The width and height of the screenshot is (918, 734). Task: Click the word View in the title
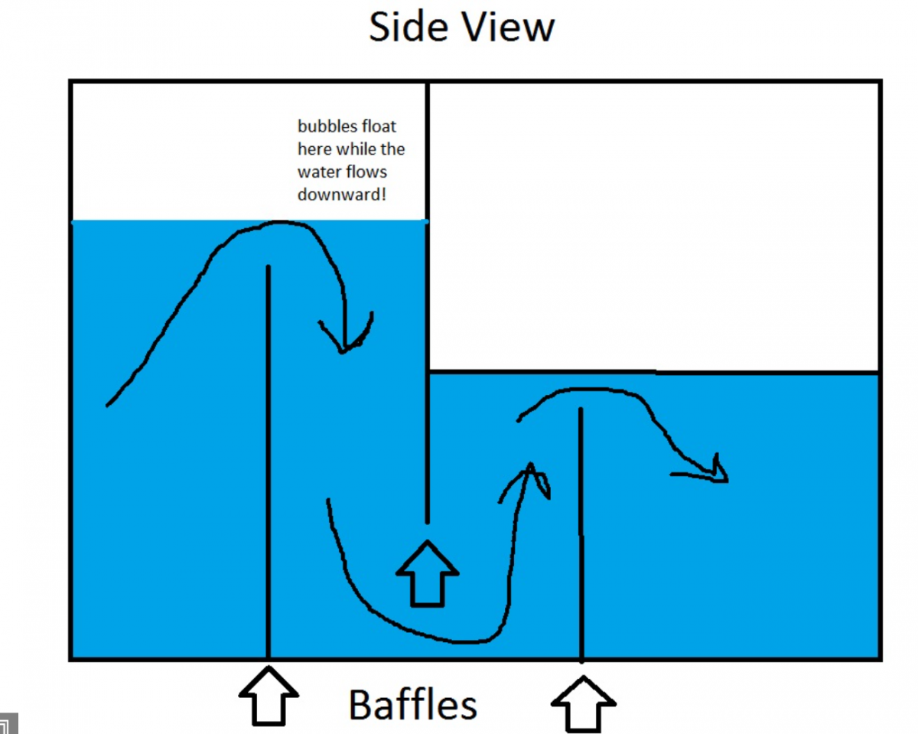[x=509, y=27]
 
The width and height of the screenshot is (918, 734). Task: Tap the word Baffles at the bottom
[x=412, y=705]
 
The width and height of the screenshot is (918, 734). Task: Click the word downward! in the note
[x=342, y=195]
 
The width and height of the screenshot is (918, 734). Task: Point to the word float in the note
[x=379, y=126]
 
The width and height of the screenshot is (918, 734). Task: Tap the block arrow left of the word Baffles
[x=269, y=696]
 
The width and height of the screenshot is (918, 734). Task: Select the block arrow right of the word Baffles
[x=583, y=704]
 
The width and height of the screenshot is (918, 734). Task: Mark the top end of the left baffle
[x=268, y=266]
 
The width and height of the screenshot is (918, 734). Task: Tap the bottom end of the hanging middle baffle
[x=427, y=522]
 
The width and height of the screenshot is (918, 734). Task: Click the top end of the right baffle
[x=581, y=409]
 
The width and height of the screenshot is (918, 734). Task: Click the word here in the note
[x=314, y=149]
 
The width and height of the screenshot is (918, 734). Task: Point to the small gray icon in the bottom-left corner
[x=8, y=724]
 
